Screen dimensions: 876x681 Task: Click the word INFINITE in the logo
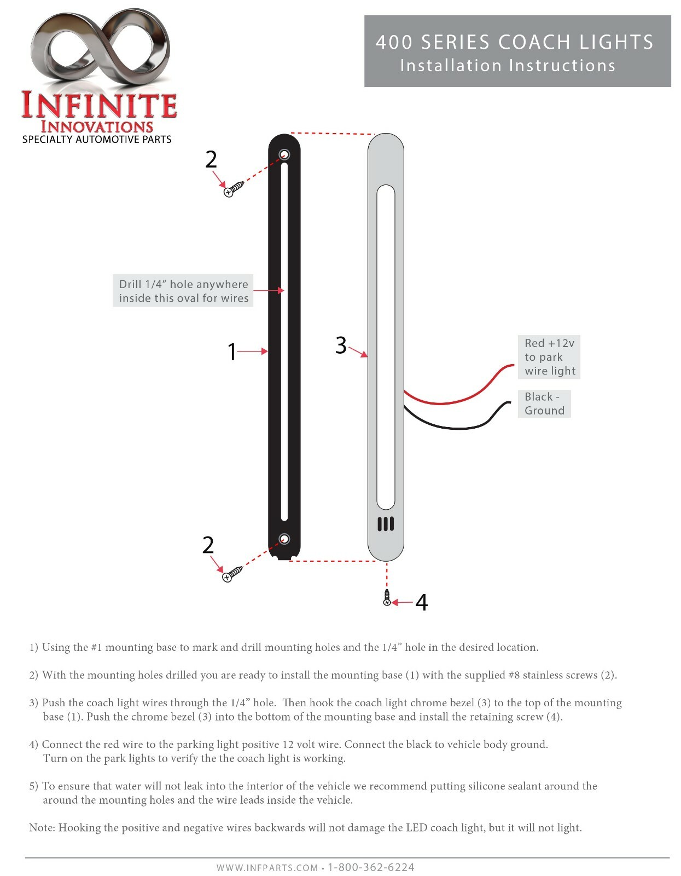[x=99, y=106]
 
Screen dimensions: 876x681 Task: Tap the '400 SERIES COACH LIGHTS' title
[x=514, y=42]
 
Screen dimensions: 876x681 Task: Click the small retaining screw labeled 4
[x=387, y=597]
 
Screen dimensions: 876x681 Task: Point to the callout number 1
[x=232, y=351]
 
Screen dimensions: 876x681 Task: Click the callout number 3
[x=341, y=345]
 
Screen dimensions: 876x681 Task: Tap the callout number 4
[x=421, y=602]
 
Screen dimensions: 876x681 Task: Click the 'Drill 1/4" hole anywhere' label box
[x=183, y=291]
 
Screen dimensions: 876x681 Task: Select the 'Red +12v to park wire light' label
[x=549, y=357]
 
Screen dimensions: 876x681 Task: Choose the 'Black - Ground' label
[x=544, y=404]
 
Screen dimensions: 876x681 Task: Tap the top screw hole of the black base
[x=284, y=155]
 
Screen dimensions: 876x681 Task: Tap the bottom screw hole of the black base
[x=284, y=540]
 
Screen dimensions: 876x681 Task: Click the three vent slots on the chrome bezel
[x=386, y=524]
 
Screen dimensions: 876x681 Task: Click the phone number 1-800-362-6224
[x=371, y=867]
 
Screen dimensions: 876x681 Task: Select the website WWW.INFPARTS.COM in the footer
[x=267, y=868]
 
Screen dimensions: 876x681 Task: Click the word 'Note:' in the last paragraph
[x=42, y=828]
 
